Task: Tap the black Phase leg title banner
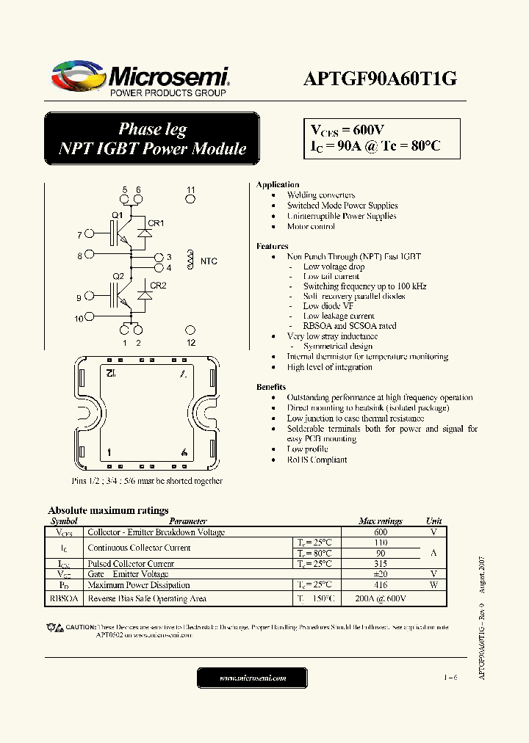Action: coord(152,139)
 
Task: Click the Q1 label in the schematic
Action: coord(117,215)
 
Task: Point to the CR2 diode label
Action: coord(158,286)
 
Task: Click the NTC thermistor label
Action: coord(209,261)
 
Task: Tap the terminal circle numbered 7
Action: coord(90,235)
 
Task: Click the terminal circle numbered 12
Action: coord(190,331)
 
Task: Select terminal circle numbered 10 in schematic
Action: coord(90,318)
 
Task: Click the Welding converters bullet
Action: coord(321,195)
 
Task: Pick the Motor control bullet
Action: coord(311,227)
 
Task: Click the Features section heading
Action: coord(272,247)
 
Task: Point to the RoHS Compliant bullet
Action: coord(317,460)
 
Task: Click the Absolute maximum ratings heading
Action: coord(108,510)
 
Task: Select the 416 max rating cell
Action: coord(381,585)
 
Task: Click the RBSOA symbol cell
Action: coord(62,598)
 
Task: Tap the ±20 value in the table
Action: coord(381,574)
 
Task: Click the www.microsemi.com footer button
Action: coord(253,678)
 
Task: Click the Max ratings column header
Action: coord(380,521)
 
